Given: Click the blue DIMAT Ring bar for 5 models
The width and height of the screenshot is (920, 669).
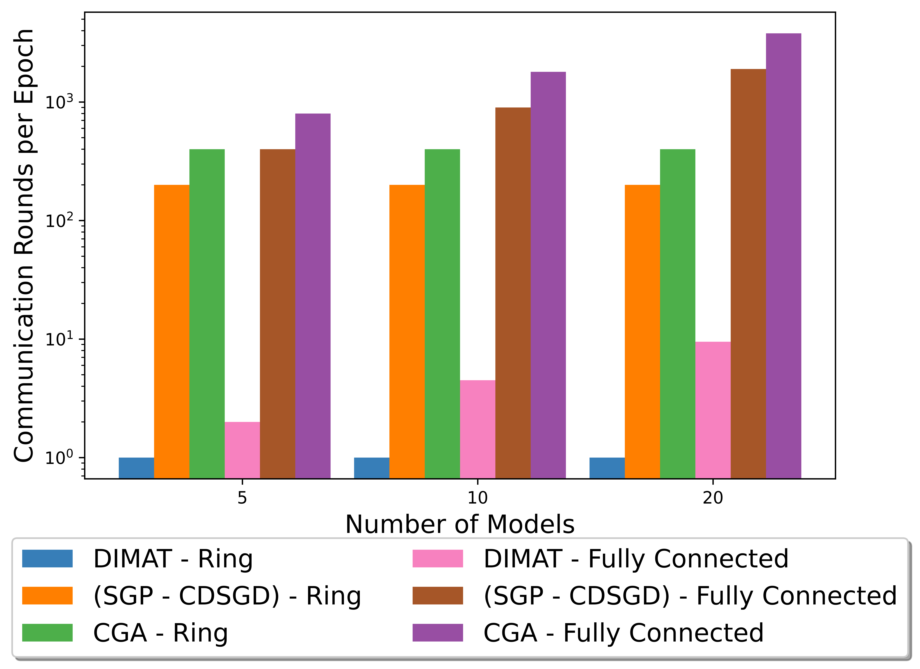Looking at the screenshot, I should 136,468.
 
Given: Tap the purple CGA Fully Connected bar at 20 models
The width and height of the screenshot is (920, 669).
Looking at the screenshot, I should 783,256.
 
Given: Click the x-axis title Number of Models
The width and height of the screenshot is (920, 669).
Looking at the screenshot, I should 460,524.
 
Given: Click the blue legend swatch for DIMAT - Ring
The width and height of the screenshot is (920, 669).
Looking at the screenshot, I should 47,559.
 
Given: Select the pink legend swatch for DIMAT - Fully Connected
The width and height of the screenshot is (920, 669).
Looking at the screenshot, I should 438,559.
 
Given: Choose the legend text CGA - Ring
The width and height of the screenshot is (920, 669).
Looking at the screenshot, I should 161,633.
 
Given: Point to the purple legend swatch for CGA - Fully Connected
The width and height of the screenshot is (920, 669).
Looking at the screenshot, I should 438,633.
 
